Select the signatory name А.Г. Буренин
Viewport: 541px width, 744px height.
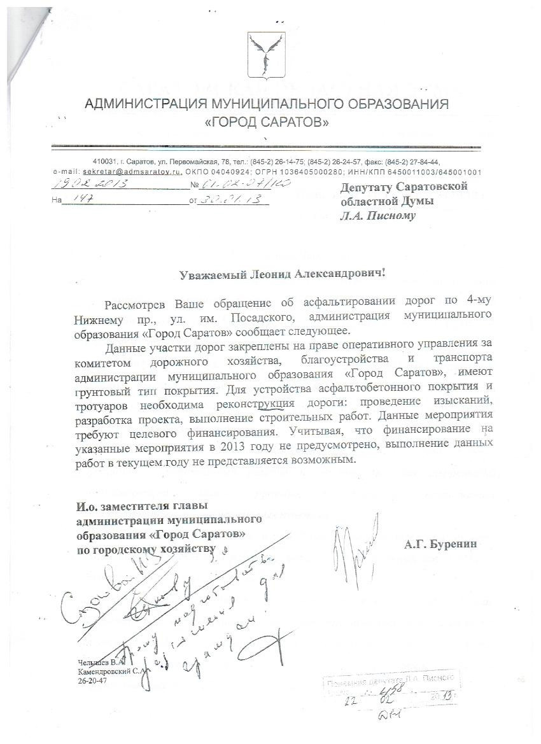pos(440,544)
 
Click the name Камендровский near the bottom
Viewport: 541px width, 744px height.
pos(104,671)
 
